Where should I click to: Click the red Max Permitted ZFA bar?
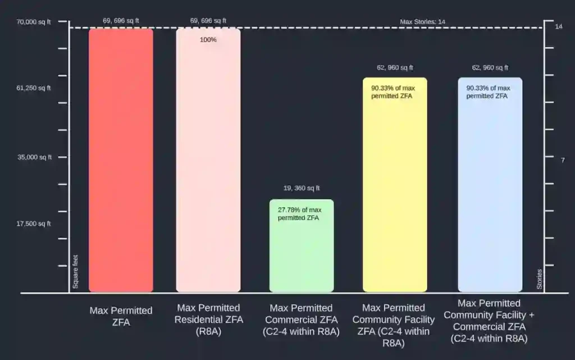coord(121,160)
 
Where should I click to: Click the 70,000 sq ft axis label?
coord(34,22)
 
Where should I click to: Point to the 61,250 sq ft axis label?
coord(34,88)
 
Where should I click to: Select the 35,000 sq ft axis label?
coord(34,157)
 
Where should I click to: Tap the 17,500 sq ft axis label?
coord(34,224)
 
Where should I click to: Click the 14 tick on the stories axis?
coord(558,26)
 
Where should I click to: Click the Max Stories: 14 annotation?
coord(422,22)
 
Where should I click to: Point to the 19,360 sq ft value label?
coord(302,188)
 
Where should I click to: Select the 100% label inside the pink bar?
coord(208,40)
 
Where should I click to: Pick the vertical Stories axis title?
coord(540,279)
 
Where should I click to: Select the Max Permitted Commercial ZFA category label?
coord(301,319)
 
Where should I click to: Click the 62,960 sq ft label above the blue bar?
coord(490,68)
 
